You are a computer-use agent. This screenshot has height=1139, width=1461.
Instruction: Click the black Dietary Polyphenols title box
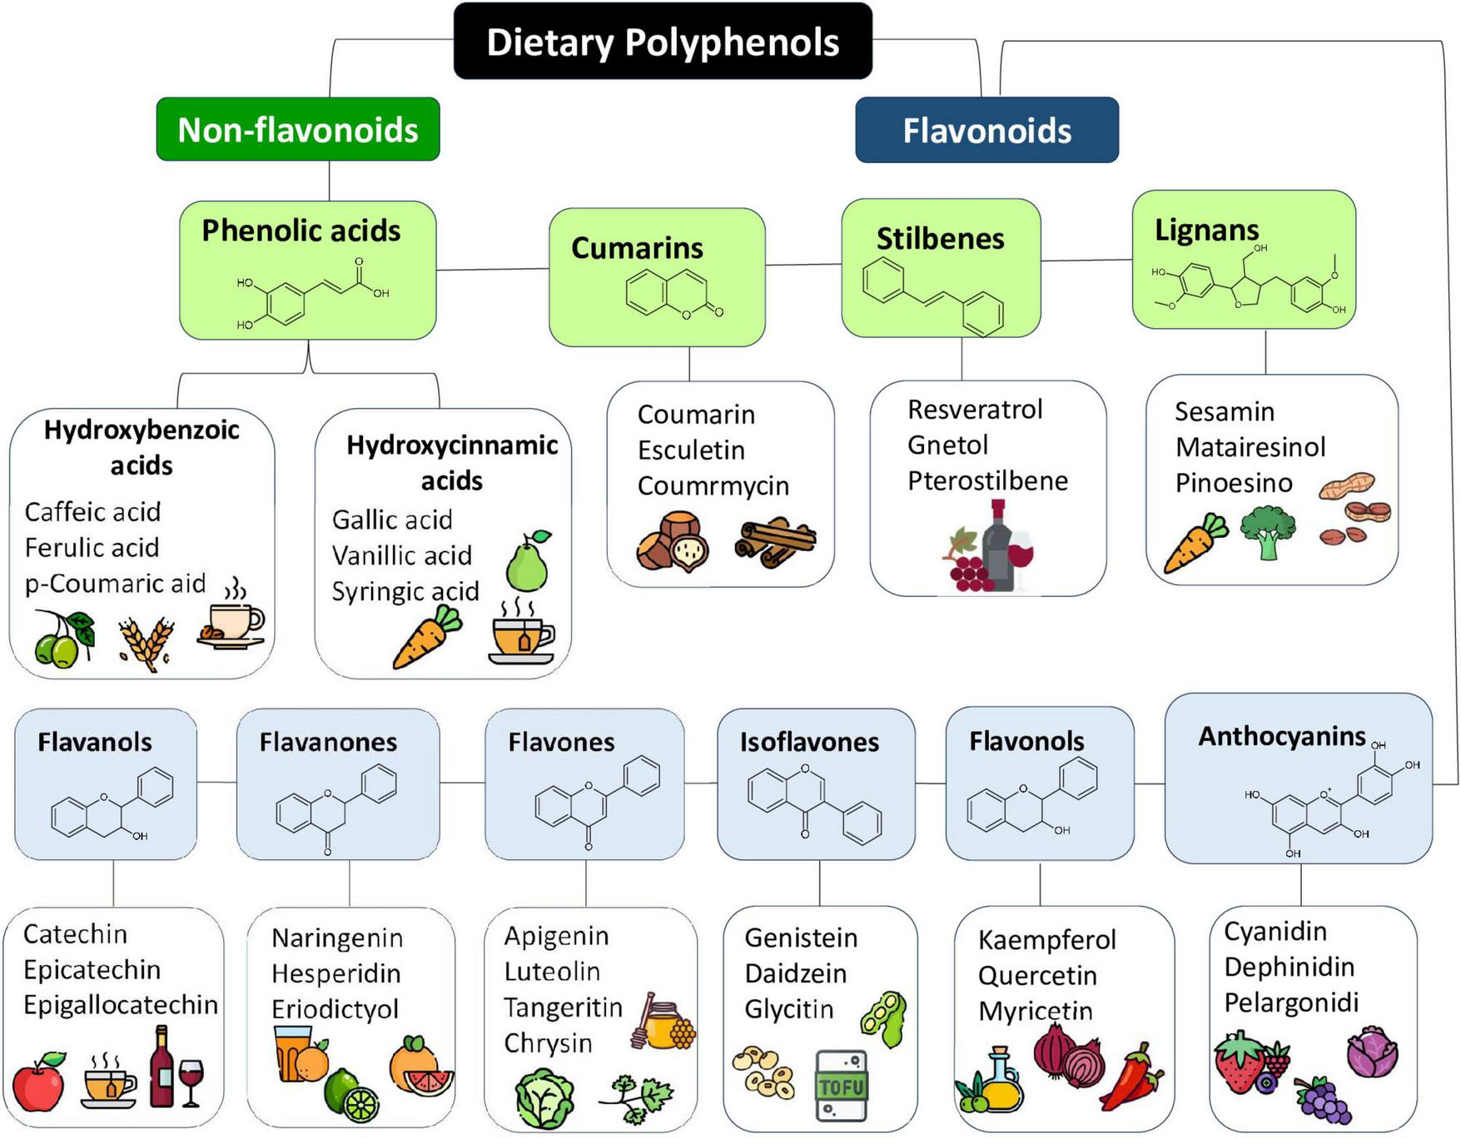pyautogui.click(x=663, y=42)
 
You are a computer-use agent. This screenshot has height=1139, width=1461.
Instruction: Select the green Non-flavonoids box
pyautogui.click(x=298, y=130)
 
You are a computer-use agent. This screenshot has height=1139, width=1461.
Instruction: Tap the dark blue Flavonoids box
pyautogui.click(x=986, y=131)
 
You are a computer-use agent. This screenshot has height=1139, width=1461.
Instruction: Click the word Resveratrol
pyautogui.click(x=975, y=410)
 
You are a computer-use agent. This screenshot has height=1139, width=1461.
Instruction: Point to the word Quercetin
pyautogui.click(x=1037, y=975)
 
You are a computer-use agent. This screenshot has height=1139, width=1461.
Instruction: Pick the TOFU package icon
pyautogui.click(x=842, y=1086)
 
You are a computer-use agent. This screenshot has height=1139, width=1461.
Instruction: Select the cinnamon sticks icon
pyautogui.click(x=775, y=544)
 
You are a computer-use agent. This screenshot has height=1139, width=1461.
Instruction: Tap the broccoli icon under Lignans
pyautogui.click(x=1268, y=533)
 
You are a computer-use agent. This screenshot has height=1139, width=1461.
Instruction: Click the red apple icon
pyautogui.click(x=39, y=1082)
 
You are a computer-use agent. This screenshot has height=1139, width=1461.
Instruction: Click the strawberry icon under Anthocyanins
pyautogui.click(x=1240, y=1062)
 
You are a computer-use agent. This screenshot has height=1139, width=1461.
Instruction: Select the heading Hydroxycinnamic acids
pyautogui.click(x=452, y=463)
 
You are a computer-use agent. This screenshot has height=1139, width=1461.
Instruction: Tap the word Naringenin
pyautogui.click(x=337, y=938)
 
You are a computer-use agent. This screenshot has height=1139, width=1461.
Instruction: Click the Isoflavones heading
pyautogui.click(x=809, y=743)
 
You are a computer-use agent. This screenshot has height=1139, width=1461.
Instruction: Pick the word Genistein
pyautogui.click(x=801, y=938)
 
